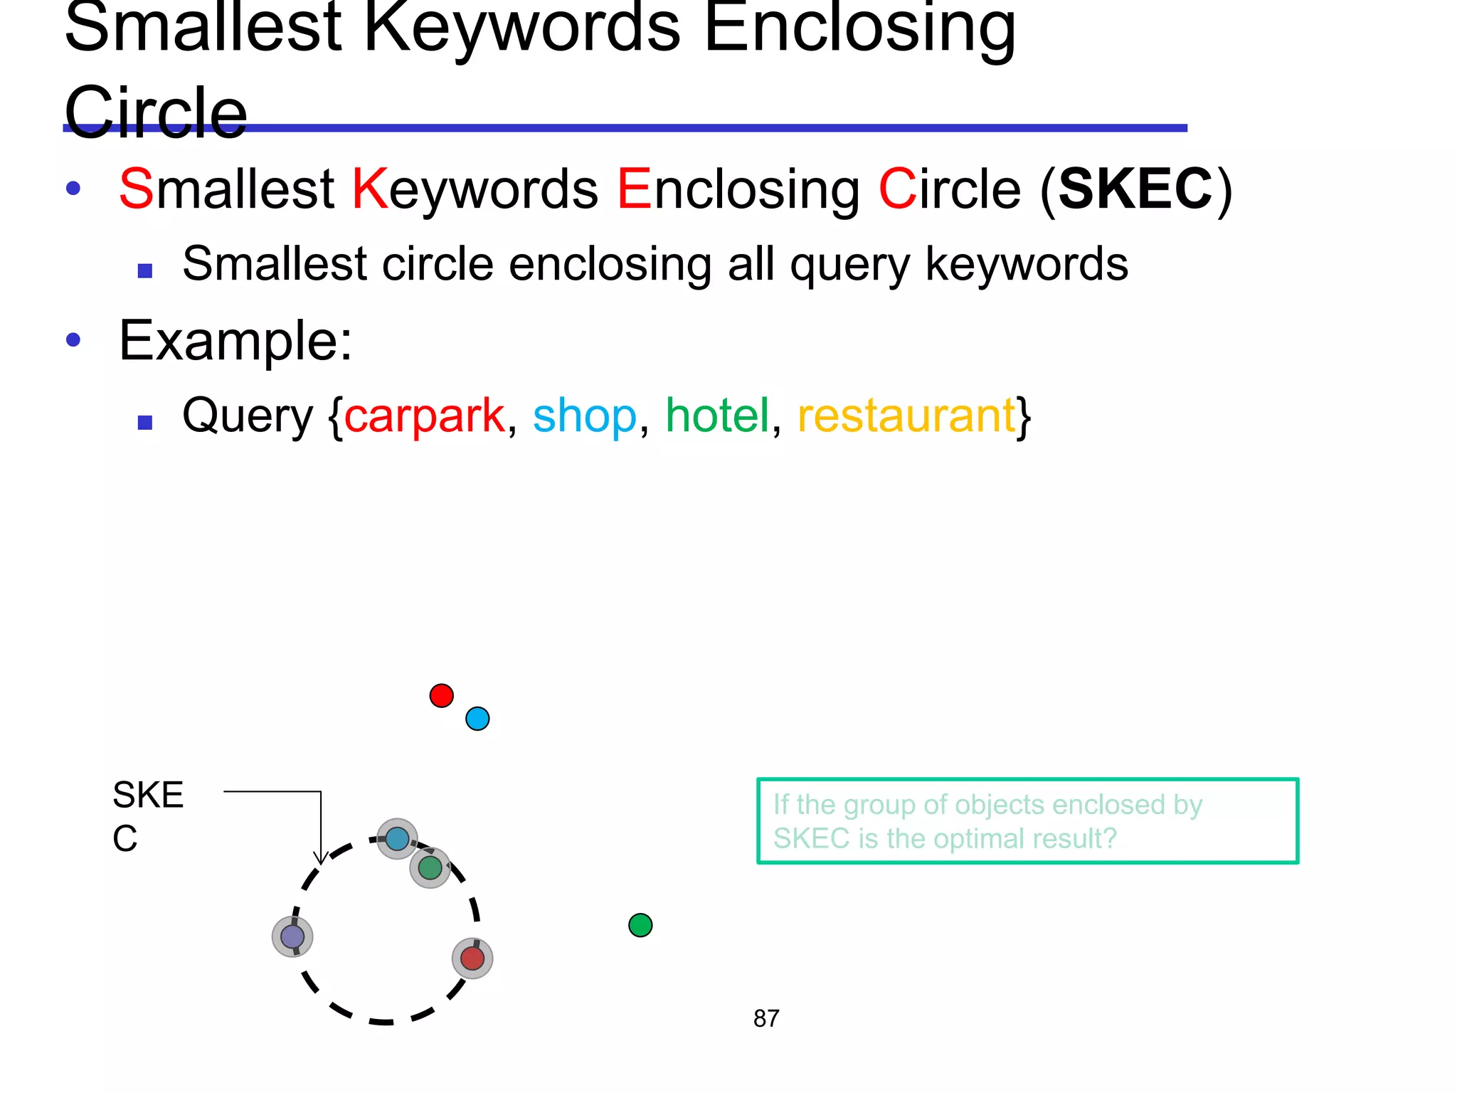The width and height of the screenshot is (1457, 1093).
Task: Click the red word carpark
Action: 424,416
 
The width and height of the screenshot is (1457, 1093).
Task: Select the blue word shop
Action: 584,416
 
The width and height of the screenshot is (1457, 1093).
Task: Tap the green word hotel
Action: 717,416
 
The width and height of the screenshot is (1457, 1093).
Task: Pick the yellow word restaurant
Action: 906,416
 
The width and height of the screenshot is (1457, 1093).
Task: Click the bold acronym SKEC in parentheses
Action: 1135,189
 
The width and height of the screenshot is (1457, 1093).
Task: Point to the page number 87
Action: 766,1018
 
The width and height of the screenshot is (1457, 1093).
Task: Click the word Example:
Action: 235,341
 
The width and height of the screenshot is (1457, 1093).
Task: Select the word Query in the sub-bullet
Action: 247,417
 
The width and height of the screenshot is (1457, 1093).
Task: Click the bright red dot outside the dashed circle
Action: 442,695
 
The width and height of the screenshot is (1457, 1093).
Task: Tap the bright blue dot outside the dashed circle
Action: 477,719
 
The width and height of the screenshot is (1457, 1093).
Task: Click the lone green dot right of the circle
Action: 640,925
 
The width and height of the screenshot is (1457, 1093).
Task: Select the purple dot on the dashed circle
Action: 292,936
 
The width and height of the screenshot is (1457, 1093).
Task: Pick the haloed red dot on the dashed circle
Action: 472,958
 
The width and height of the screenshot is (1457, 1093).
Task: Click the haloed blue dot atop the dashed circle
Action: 397,839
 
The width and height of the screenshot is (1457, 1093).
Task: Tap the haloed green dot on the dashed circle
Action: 430,867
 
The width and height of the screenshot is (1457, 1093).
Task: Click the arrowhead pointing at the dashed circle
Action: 321,858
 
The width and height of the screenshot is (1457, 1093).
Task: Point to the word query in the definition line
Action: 849,265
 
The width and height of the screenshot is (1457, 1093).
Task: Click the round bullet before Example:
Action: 73,339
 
